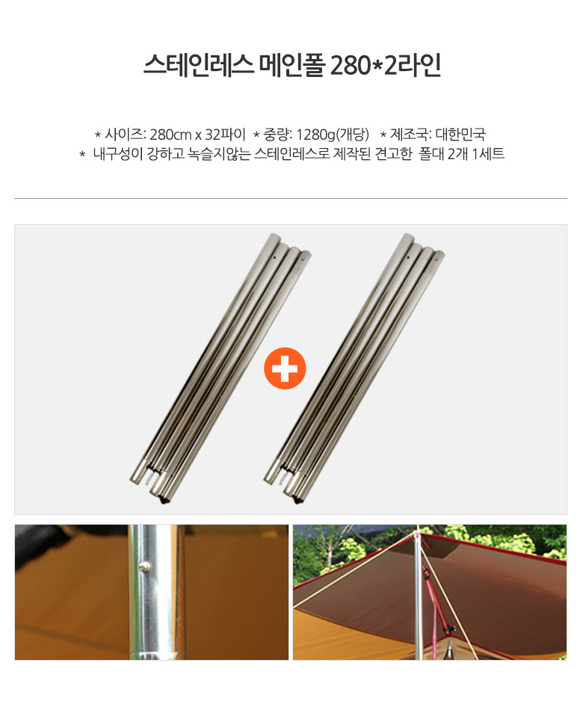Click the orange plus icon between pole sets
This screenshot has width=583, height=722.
[x=285, y=368]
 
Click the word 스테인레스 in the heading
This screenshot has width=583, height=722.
[x=199, y=65]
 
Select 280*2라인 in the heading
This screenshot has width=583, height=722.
[x=386, y=65]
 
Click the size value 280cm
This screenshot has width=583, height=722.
[x=170, y=135]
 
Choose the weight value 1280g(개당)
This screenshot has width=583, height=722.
[x=333, y=135]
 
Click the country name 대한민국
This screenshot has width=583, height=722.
[x=460, y=135]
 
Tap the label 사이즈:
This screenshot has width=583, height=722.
[x=126, y=135]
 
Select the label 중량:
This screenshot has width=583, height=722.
[x=278, y=135]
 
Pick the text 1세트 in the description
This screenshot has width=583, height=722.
[x=488, y=154]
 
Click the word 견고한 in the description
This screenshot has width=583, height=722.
[x=393, y=154]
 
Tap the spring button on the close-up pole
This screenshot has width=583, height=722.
[x=146, y=564]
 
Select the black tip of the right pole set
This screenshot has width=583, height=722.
[x=297, y=501]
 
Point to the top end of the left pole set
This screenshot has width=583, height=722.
[x=274, y=238]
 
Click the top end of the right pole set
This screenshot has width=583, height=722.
[x=408, y=238]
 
